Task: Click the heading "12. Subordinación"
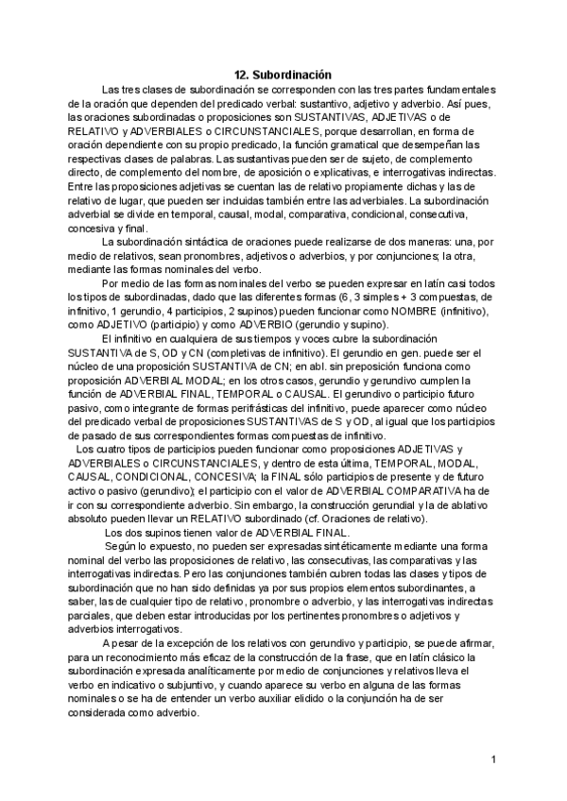tap(283, 75)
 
